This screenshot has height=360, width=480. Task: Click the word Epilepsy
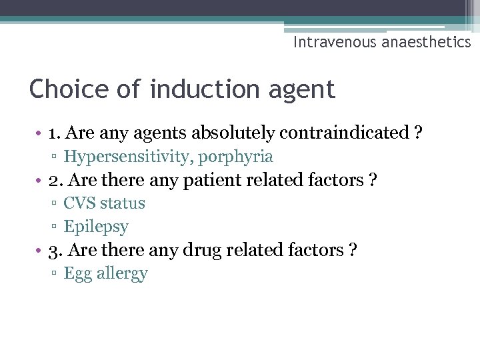point(96,227)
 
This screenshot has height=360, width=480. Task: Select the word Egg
point(77,274)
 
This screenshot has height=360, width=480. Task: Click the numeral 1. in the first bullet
point(55,133)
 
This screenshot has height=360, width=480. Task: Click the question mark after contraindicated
point(418,133)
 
